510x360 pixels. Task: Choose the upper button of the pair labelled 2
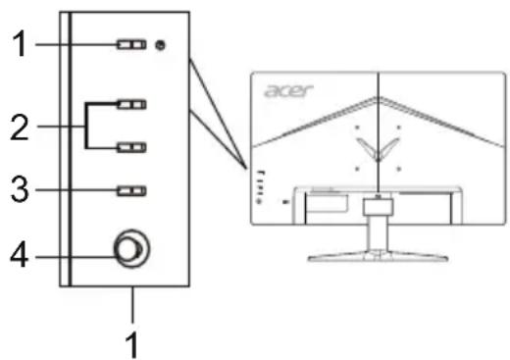(130, 103)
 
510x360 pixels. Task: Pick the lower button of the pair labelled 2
(130, 147)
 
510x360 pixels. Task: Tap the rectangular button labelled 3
(130, 190)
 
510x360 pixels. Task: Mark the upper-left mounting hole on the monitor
(357, 127)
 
